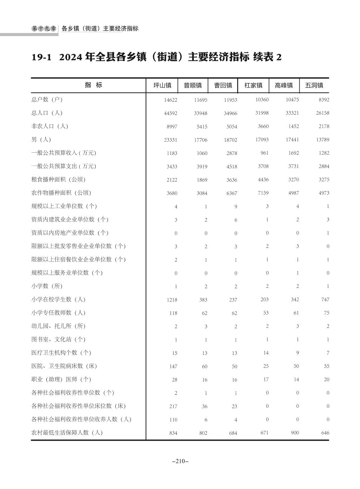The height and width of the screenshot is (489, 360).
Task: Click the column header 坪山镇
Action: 162,86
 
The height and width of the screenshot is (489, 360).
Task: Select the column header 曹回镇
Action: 223,86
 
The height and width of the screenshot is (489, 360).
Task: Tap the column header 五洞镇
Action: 314,86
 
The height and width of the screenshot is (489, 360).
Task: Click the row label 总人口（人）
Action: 47,113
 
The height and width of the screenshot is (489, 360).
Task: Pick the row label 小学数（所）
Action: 47,286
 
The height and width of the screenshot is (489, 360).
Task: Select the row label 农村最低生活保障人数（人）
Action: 67,433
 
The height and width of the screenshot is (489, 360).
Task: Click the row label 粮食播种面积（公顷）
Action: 58,179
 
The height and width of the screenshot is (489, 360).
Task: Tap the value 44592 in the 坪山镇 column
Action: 171,113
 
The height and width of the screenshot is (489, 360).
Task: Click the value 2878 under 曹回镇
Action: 232,153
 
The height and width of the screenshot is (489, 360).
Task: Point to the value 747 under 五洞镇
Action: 325,300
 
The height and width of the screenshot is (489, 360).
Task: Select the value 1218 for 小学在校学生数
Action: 172,300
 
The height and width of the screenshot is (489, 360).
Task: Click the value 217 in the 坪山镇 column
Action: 173,406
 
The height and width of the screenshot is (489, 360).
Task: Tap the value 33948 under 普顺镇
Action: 200,113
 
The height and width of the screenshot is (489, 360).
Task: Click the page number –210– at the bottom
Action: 180,461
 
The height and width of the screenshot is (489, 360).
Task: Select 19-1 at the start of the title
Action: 42,57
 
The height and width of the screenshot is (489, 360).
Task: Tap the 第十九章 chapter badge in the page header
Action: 44,29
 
